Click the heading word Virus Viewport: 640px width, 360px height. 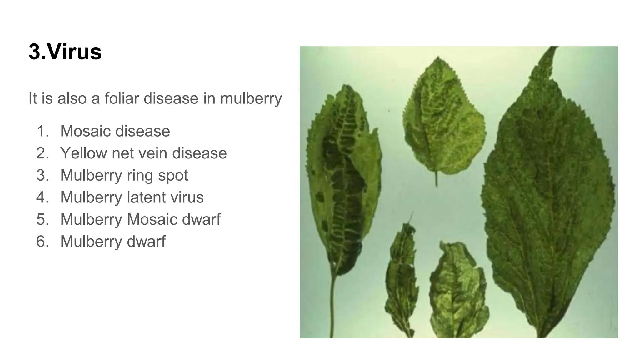[x=75, y=52]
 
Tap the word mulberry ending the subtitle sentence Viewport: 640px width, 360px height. [x=251, y=99]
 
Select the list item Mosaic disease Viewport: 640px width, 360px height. [x=115, y=131]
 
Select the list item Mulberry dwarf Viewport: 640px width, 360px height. [x=113, y=242]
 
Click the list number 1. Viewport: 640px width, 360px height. [x=42, y=131]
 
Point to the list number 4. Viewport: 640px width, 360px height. [x=42, y=197]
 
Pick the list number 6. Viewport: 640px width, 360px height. [x=42, y=242]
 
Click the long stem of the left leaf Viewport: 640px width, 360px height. [x=332, y=306]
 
